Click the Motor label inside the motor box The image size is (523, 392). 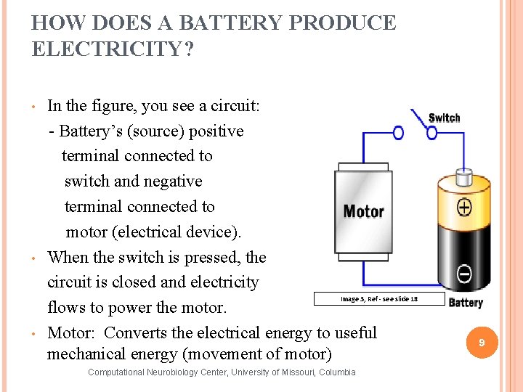coord(363,211)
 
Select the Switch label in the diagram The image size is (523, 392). coord(444,118)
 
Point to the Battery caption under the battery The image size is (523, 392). coord(466,303)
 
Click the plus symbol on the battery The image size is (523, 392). coord(463,208)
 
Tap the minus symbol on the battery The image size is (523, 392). coord(463,274)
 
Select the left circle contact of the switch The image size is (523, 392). coord(398,133)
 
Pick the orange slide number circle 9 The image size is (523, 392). coord(481,342)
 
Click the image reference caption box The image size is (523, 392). coord(378,298)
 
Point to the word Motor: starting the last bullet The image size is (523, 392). coord(71,333)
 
